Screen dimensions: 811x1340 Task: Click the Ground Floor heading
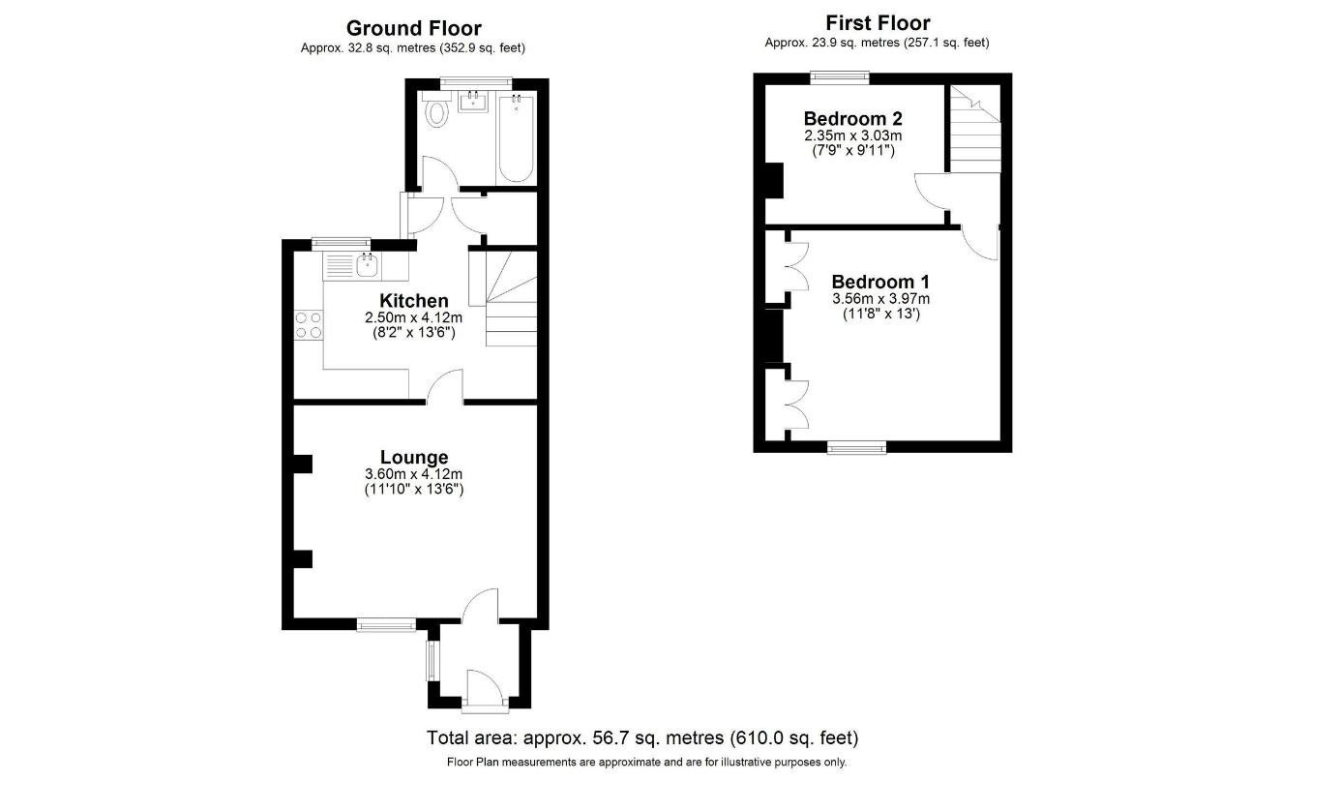(413, 28)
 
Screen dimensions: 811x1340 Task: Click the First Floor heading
(877, 23)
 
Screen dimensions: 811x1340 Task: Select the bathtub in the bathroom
(516, 137)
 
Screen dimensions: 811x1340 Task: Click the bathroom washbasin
(473, 102)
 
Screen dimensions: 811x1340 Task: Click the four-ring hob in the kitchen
(309, 324)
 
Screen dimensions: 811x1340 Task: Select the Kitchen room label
(413, 300)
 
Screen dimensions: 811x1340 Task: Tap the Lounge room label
(413, 457)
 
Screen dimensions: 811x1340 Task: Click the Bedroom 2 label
(852, 119)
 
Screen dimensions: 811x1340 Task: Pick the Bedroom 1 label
(880, 282)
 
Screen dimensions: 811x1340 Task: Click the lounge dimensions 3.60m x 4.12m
(413, 474)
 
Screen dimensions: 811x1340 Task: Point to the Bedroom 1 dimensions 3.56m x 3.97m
(880, 299)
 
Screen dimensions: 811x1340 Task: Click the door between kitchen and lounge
(445, 387)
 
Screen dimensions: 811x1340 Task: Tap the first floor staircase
(973, 131)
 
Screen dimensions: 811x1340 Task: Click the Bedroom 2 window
(839, 76)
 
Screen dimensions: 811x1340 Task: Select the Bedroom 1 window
(856, 447)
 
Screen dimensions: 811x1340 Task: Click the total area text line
(642, 738)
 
